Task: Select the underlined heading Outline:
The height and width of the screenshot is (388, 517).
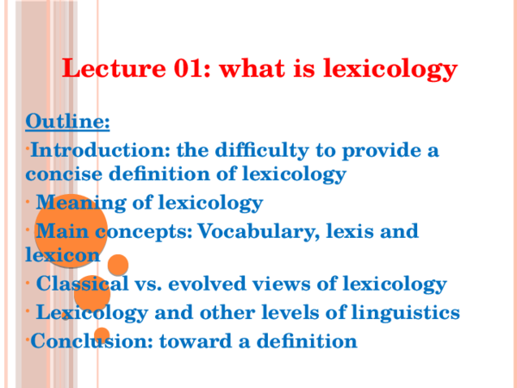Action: click(x=67, y=120)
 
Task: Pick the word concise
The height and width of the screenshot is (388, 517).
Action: click(x=63, y=174)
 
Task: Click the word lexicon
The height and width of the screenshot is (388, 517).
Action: click(x=63, y=254)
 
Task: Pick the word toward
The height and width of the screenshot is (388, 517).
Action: click(x=187, y=341)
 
